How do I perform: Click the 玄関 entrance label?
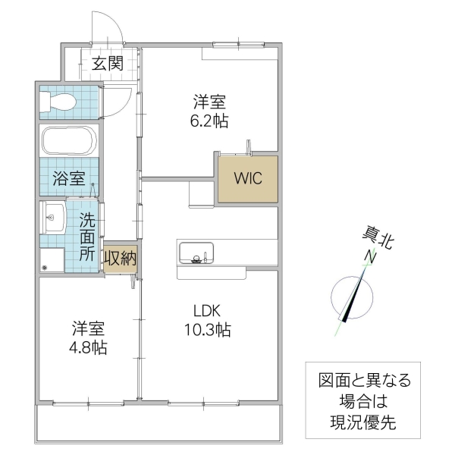pyautogui.click(x=108, y=63)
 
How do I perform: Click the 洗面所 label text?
pyautogui.click(x=88, y=237)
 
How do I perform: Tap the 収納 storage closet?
pyautogui.click(x=120, y=259)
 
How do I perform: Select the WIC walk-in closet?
pyautogui.click(x=248, y=180)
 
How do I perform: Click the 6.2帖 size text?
pyautogui.click(x=210, y=121)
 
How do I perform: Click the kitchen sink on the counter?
pyautogui.click(x=196, y=252)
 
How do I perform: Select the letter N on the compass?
pyautogui.click(x=372, y=256)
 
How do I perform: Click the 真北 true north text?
pyautogui.click(x=377, y=240)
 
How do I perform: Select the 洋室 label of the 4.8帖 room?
pyautogui.click(x=89, y=329)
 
